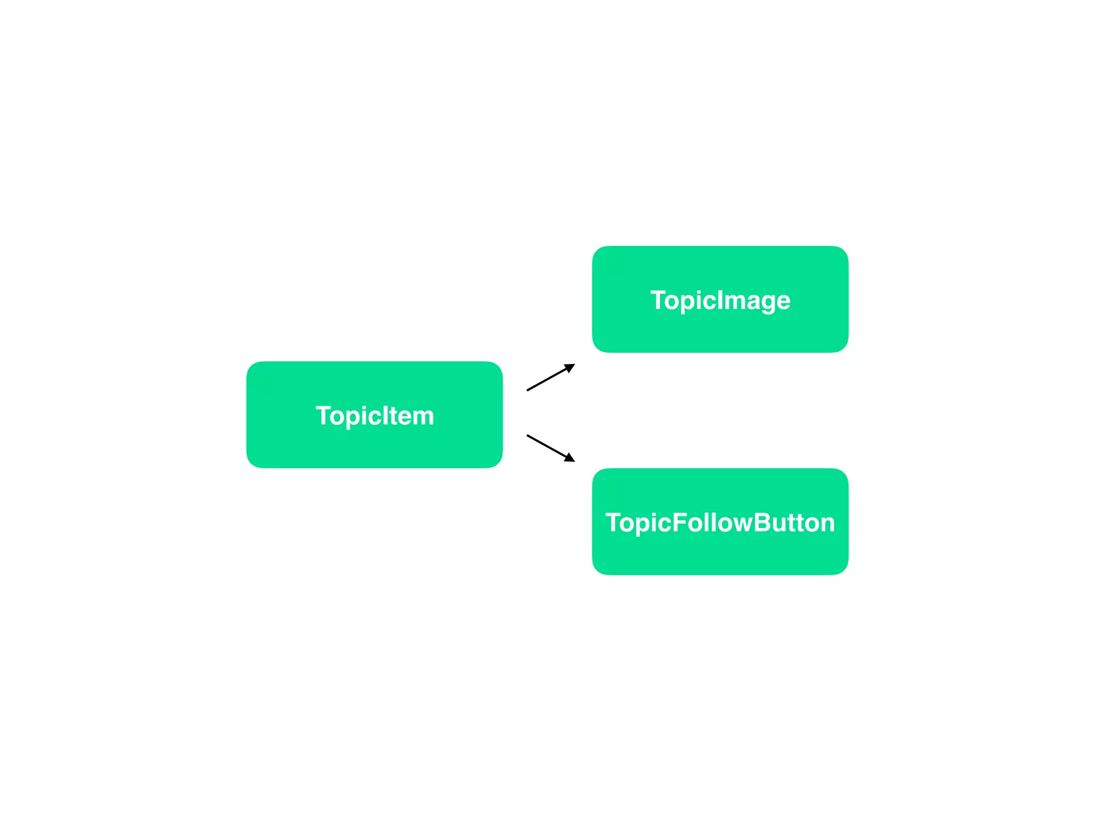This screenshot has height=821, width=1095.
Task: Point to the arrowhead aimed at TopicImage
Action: [570, 367]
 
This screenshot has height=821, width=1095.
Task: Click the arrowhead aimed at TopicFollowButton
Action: [570, 458]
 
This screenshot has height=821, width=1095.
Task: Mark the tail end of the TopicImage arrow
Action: [528, 390]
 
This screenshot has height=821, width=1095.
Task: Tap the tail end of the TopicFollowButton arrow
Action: [528, 436]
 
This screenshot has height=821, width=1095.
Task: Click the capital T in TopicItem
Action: [324, 415]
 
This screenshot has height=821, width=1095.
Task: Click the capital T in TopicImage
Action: [658, 300]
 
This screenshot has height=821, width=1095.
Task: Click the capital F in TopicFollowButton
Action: [679, 522]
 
